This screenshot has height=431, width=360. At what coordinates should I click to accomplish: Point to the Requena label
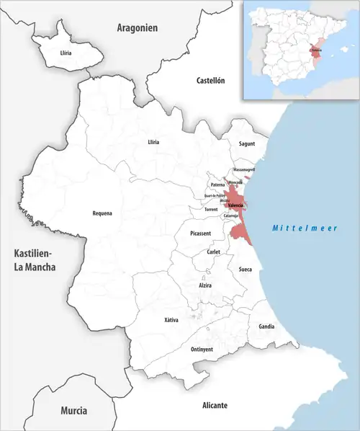coord(102,213)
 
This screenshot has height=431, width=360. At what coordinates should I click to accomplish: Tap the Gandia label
coord(266,326)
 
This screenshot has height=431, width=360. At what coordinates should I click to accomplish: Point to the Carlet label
coord(213,253)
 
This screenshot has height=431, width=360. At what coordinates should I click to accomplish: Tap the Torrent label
coord(211,210)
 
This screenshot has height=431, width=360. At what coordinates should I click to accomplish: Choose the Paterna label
coord(218,185)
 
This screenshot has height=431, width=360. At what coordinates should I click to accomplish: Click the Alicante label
coord(215,406)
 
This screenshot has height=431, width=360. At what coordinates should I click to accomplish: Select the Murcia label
coord(73,410)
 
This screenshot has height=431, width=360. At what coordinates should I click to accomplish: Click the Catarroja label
coord(231,215)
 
